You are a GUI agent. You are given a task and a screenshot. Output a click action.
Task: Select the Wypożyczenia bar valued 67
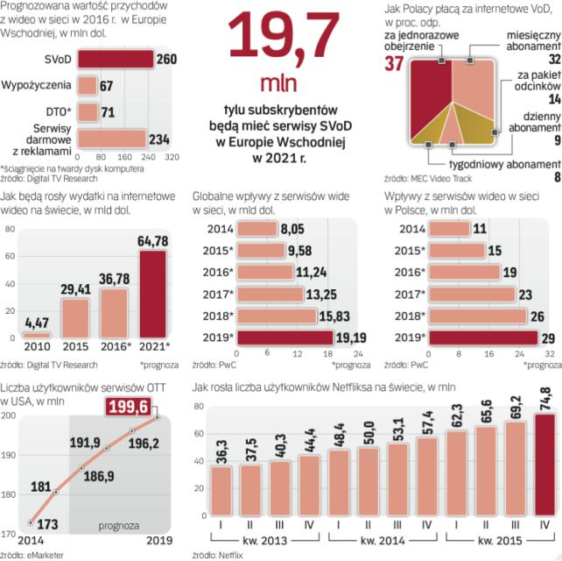[88, 86]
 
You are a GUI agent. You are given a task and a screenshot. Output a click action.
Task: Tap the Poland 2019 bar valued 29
[477, 337]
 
